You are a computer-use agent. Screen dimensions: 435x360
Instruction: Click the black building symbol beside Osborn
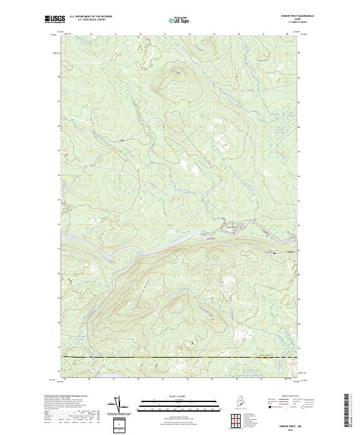[x=275, y=253]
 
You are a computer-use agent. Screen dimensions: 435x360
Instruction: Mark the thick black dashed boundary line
[x=180, y=358]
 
